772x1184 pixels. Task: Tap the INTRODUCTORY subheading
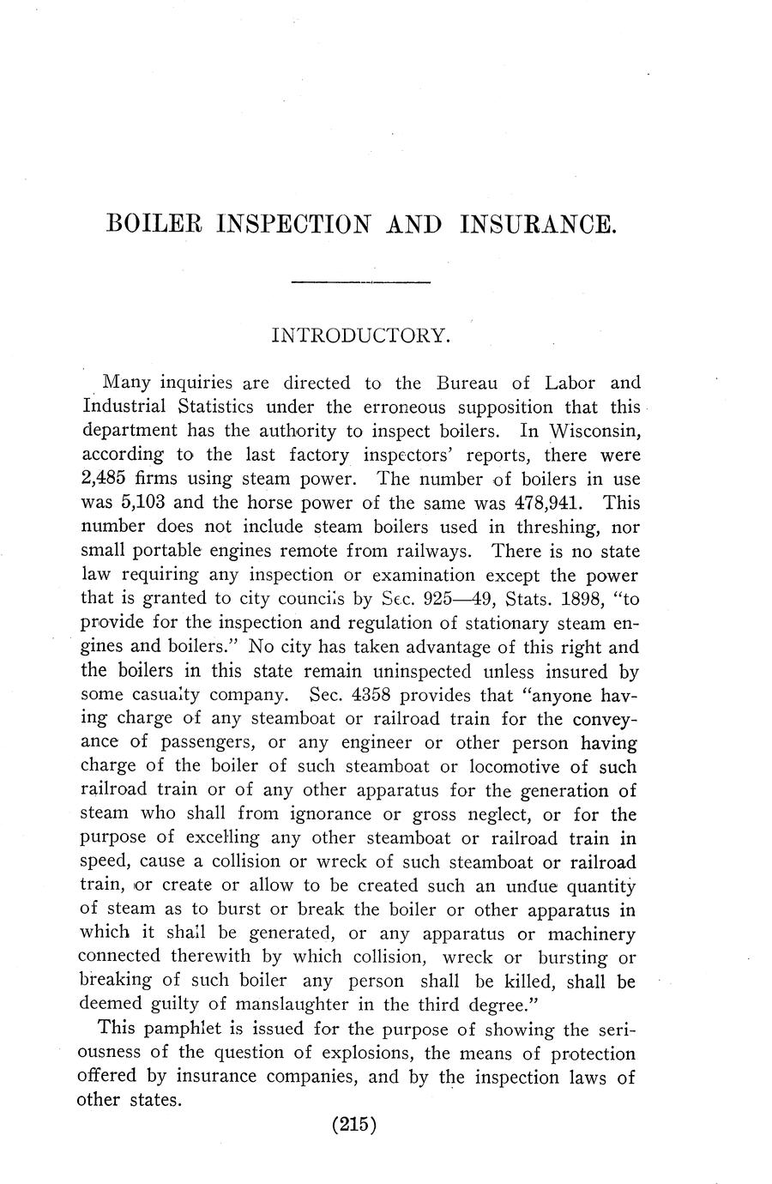click(x=360, y=335)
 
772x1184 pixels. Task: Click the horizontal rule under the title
click(x=360, y=281)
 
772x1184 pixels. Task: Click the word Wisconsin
click(x=592, y=430)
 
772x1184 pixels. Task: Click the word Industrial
click(x=133, y=406)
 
